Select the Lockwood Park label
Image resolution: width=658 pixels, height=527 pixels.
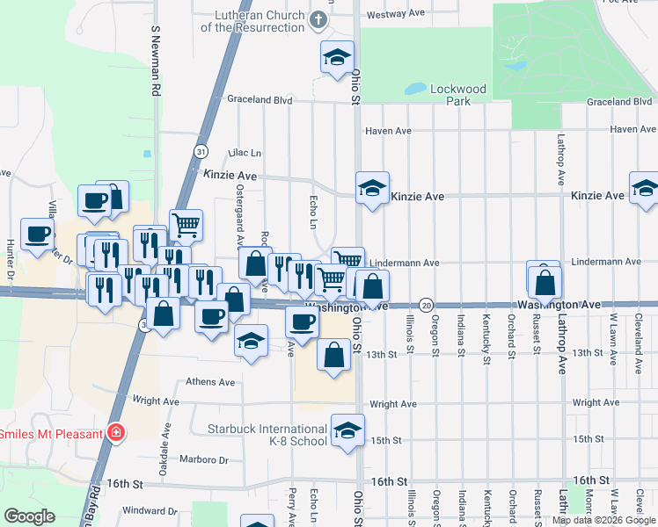[457, 94]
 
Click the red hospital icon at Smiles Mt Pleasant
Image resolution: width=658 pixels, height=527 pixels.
[114, 432]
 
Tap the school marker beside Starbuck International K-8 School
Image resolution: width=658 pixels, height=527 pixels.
[348, 430]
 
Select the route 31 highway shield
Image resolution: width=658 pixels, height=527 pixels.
[201, 151]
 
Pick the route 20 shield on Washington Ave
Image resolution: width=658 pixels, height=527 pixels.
[426, 304]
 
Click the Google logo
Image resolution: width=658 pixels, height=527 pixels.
[29, 516]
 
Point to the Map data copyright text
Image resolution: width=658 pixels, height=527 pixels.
[603, 520]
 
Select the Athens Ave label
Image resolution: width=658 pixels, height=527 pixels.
[210, 382]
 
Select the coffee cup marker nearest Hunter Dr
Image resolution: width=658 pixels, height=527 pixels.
[38, 235]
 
